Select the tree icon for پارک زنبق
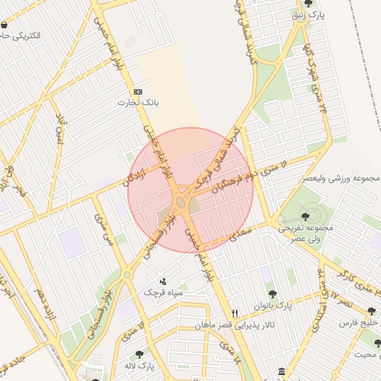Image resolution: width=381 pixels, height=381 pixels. coord(309,4)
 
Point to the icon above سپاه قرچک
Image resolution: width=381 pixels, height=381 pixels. coord(163,281)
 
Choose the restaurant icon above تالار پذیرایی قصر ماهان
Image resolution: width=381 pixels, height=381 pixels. coord(235,313)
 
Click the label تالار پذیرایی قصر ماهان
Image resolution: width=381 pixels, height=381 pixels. coord(236,326)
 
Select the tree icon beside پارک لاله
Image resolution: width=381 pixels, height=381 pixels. coord(139,353)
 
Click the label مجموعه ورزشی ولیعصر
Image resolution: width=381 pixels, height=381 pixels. coord(342,179)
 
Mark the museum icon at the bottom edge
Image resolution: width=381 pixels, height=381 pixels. coord(281,371)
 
